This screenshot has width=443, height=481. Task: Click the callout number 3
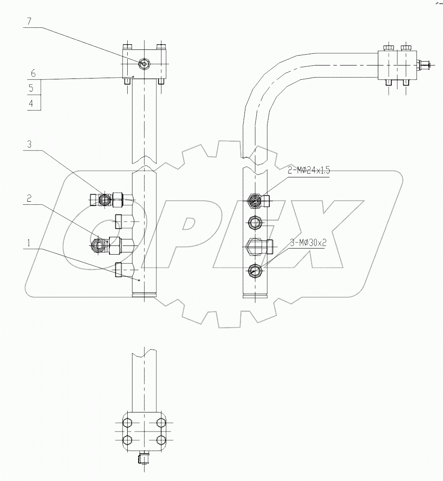[x=30, y=144]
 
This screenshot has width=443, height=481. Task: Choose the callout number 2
[x=30, y=198]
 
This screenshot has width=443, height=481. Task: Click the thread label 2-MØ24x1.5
[x=309, y=171]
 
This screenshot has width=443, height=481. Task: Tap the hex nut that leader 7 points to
[x=143, y=64]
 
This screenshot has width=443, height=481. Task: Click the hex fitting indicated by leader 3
[x=104, y=199]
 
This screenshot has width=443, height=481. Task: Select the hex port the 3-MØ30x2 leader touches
[x=254, y=271]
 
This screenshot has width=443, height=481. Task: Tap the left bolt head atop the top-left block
[x=127, y=47]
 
